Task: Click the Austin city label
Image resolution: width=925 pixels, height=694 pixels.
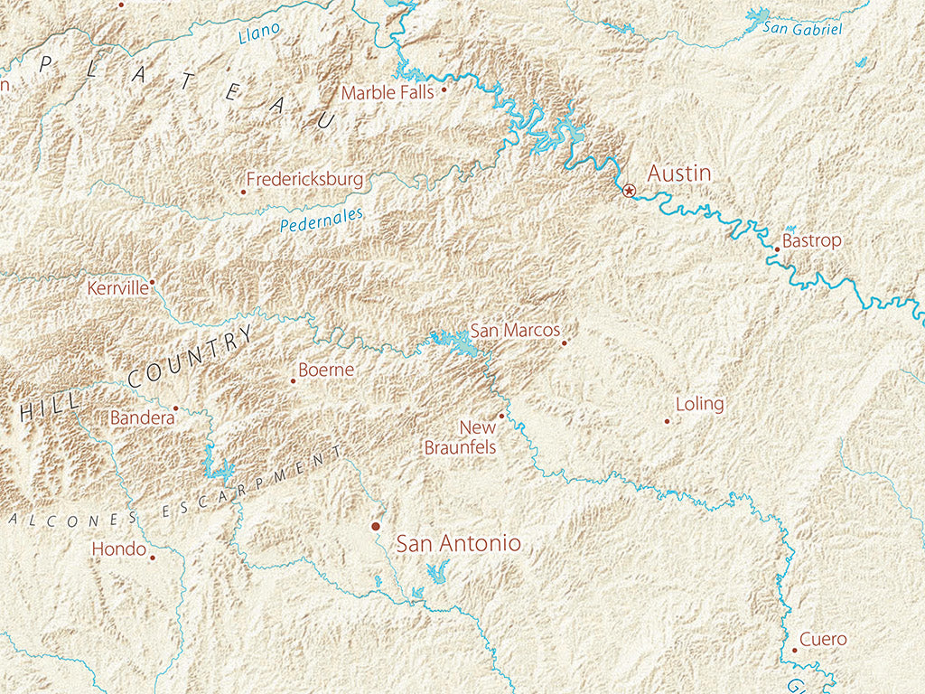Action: pos(679,173)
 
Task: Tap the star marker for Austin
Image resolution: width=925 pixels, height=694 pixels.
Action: pos(629,190)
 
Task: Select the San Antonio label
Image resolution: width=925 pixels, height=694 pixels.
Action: pos(459,543)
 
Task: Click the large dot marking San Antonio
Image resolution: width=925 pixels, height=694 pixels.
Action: pos(376,526)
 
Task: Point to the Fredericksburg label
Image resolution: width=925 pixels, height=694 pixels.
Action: pos(304,179)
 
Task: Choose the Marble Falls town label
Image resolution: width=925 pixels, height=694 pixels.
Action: pos(388,92)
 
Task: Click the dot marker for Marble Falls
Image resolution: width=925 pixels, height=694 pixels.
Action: pos(444,89)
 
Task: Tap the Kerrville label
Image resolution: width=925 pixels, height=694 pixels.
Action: pos(117,289)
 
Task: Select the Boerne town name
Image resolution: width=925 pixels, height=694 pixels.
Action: pos(325,370)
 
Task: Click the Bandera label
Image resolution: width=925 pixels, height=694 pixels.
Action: pos(141,417)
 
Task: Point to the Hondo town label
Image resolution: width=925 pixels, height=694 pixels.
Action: pos(119,549)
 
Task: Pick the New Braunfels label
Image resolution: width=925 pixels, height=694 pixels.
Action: pos(461,437)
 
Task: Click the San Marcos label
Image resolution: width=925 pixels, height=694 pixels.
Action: pos(515,331)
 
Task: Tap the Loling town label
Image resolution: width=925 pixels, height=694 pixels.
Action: pos(699,404)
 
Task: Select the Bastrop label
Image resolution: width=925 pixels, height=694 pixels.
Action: pos(811,241)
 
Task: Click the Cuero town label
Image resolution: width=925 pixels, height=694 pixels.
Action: pos(823,640)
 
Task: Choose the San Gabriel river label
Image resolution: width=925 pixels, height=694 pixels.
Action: pos(802,29)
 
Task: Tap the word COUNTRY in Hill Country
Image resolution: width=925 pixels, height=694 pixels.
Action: pos(191,357)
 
